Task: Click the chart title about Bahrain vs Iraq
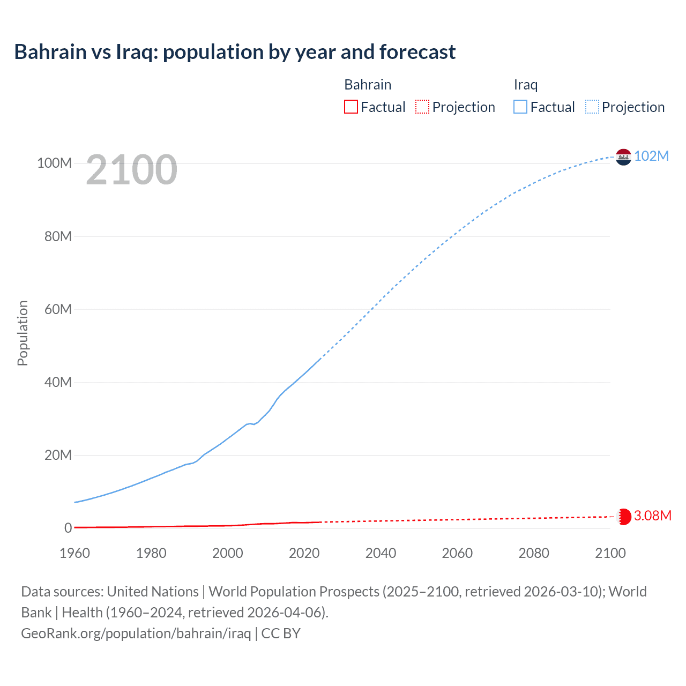click(235, 52)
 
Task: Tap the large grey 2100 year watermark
click(131, 170)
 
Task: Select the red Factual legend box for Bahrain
click(351, 107)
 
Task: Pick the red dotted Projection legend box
click(422, 107)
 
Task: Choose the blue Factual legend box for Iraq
click(520, 107)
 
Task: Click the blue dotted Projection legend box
click(592, 107)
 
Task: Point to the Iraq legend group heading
click(525, 85)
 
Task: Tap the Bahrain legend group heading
click(368, 85)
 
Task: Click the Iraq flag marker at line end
click(623, 157)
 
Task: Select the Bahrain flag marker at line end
click(623, 517)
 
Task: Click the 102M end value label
click(651, 156)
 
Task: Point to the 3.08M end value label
click(652, 516)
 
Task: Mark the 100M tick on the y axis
click(54, 163)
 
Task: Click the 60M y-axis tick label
click(57, 309)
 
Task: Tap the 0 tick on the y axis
click(68, 528)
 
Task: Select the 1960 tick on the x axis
click(74, 553)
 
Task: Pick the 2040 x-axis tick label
click(381, 553)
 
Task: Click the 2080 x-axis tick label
click(534, 553)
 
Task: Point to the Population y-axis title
click(23, 333)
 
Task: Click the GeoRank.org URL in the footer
click(136, 633)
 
